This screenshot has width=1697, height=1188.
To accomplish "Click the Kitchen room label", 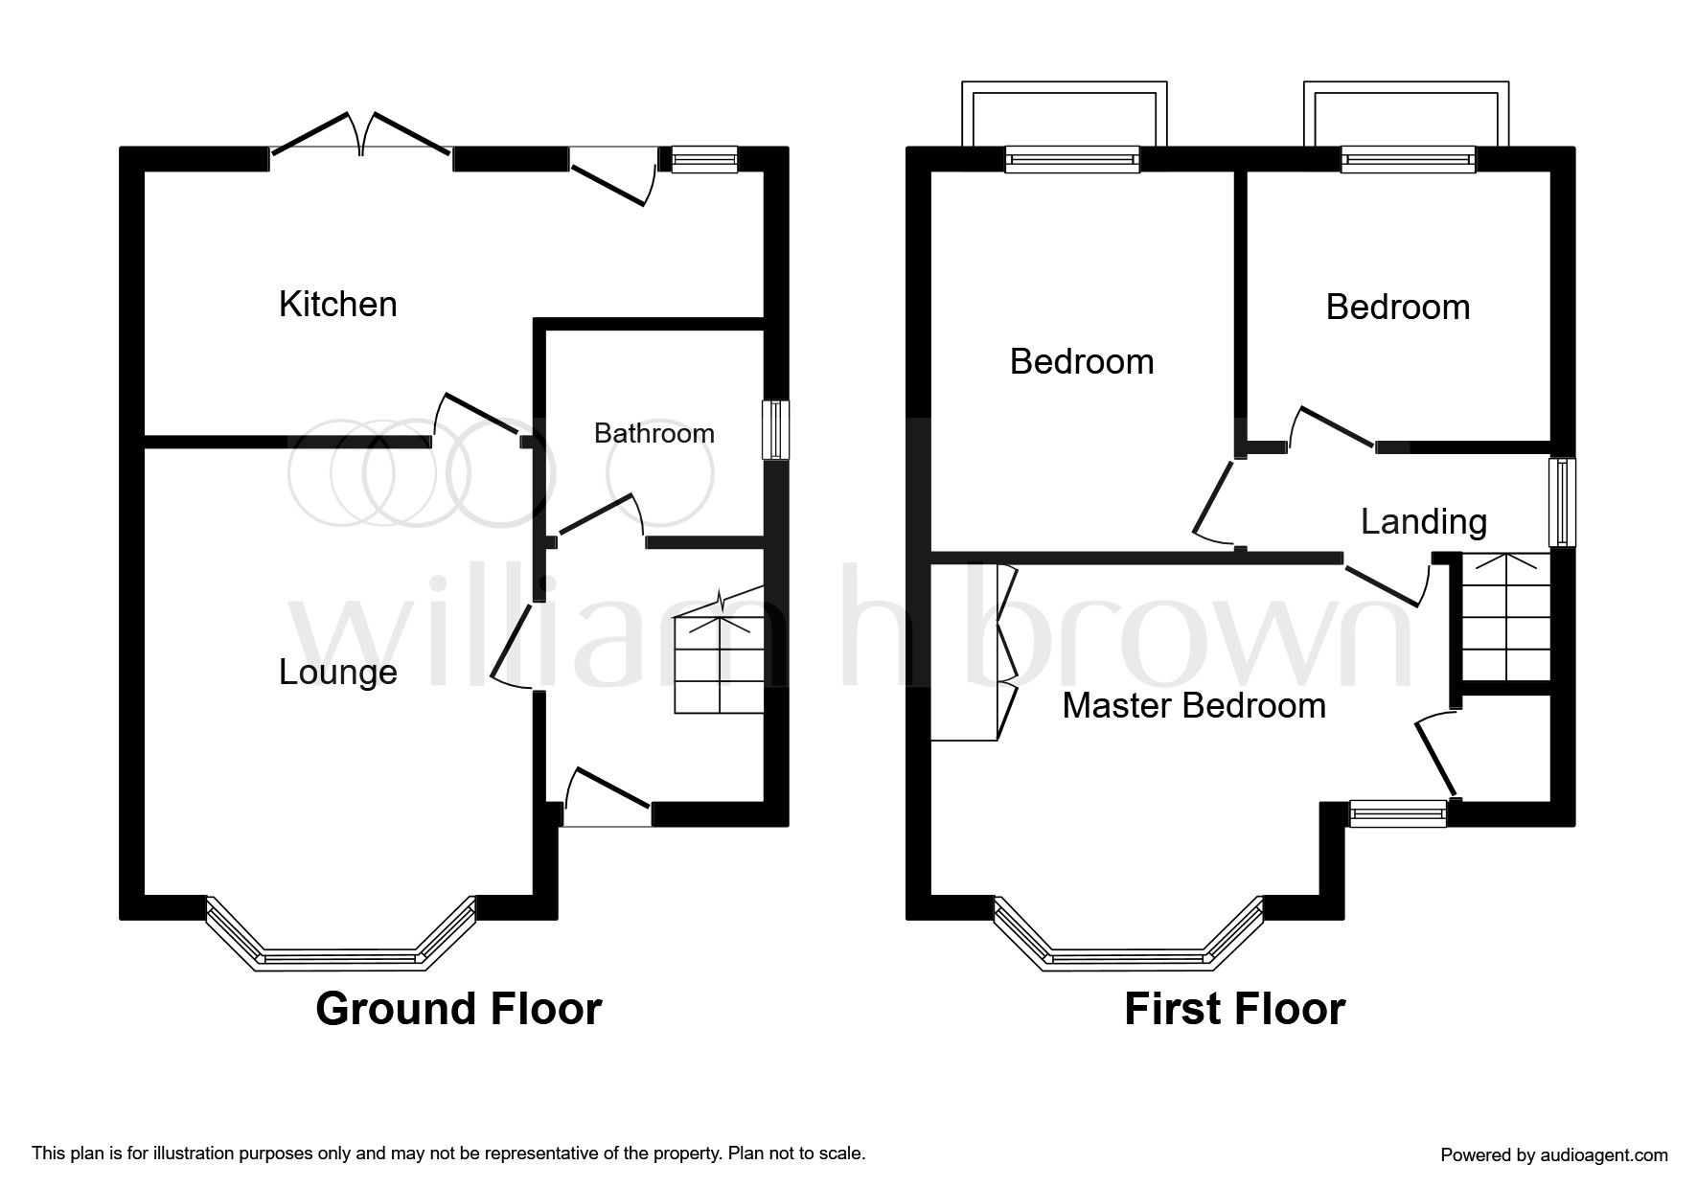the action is click(337, 305).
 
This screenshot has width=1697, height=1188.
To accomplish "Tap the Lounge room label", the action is click(337, 672).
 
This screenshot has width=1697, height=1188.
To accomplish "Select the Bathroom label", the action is click(654, 433).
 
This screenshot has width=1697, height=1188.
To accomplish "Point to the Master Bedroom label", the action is click(1194, 706).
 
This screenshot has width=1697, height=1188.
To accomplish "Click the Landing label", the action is click(1424, 522).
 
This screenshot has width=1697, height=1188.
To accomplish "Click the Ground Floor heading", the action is click(458, 1010).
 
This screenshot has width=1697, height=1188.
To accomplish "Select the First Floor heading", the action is click(1234, 1010).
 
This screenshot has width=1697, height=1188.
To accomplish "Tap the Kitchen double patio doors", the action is click(360, 139).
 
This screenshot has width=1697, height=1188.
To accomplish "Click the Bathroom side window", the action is click(775, 429).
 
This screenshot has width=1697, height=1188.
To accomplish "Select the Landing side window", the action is click(1563, 502).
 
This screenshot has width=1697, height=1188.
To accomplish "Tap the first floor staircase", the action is click(1505, 618).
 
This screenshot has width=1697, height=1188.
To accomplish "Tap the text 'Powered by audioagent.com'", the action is click(1553, 1155).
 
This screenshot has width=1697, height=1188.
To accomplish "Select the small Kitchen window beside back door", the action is click(704, 159).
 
